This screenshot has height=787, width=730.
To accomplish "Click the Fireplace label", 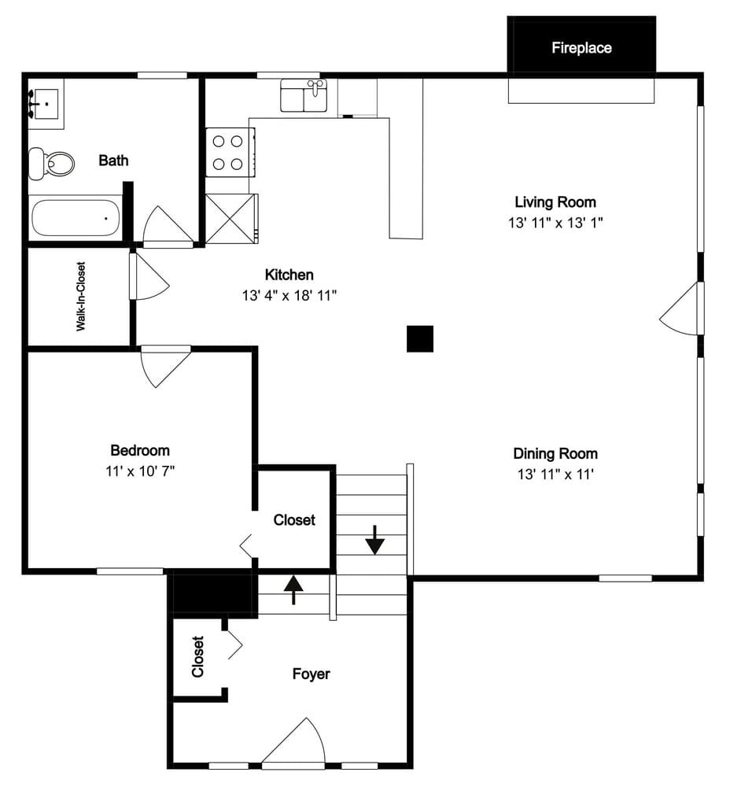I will tap(581, 48).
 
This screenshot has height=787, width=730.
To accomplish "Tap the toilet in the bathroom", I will tap(52, 163).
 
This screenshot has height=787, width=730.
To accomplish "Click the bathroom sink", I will tap(46, 103).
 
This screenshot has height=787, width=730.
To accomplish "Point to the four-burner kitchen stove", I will tap(228, 153).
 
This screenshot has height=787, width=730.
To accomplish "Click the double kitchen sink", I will tap(304, 96).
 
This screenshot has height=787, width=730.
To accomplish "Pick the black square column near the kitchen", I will tap(420, 338).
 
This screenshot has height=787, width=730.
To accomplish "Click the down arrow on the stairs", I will tap(374, 540).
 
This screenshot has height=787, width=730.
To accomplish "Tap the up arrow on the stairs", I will tap(293, 589).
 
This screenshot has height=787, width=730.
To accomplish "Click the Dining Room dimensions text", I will tap(555, 474).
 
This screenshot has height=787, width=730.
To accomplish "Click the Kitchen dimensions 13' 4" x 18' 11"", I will tap(289, 295).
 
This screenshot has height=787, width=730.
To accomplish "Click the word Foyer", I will tap(312, 674).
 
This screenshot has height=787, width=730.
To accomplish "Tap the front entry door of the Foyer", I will tap(296, 745).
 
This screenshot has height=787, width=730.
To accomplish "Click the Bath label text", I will tap(113, 161).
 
